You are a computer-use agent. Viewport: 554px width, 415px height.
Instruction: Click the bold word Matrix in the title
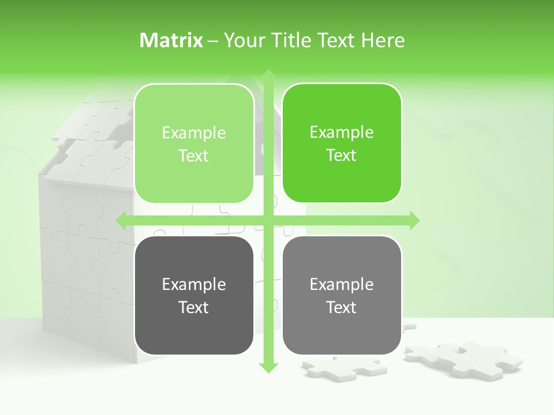[x=171, y=40]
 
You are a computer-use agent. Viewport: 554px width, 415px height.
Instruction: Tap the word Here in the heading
[x=383, y=40]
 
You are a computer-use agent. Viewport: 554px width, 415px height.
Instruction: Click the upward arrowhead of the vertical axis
[x=268, y=75]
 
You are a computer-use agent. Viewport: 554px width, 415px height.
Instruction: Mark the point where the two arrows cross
[x=268, y=220]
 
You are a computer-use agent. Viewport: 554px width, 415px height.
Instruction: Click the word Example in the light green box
[x=194, y=133]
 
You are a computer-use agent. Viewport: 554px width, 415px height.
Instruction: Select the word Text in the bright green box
[x=342, y=155]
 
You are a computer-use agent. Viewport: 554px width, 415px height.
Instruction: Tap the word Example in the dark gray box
[x=194, y=284]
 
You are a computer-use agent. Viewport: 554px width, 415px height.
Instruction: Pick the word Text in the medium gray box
[x=342, y=307]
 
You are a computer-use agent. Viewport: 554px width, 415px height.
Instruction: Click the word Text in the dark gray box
[x=194, y=307]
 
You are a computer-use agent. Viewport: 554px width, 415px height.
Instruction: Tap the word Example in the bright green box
[x=342, y=132]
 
